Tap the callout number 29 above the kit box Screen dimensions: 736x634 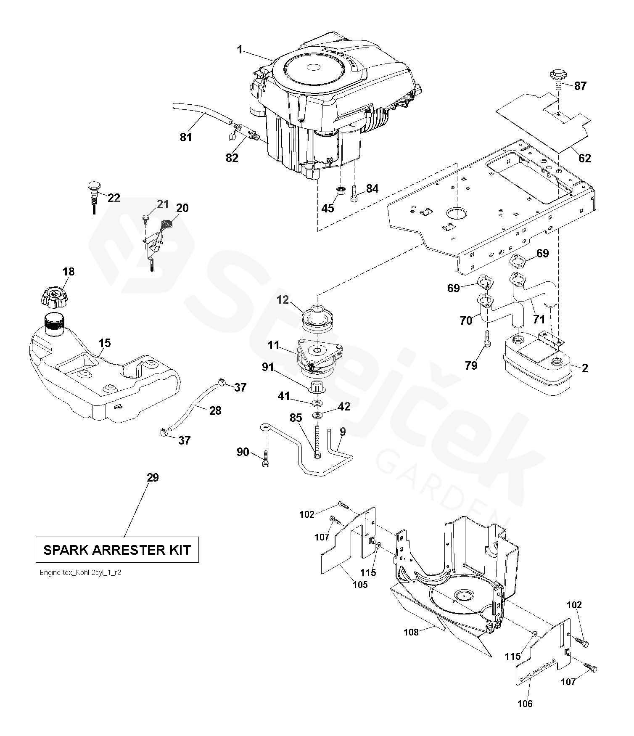coord(153,477)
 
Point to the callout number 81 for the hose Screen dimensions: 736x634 coord(186,137)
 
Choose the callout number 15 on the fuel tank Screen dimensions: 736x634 coord(105,343)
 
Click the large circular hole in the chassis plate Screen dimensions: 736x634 coord(457,214)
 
